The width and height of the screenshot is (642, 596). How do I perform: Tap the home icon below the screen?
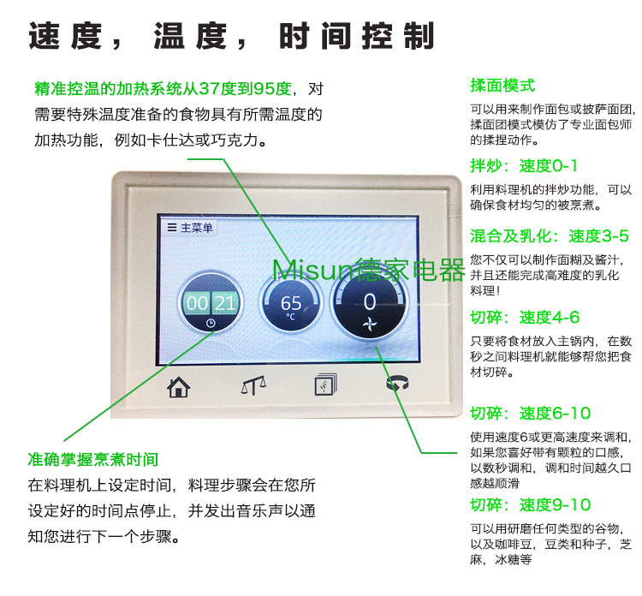point(179,387)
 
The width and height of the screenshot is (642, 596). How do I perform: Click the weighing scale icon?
point(253,385)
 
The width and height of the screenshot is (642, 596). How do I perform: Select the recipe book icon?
point(325,384)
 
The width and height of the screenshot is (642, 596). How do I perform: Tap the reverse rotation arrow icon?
point(397,384)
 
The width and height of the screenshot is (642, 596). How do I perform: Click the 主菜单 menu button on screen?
point(190,228)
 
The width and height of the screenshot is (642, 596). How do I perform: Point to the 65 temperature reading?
point(291,303)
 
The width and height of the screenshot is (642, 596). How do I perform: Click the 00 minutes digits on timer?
point(197,303)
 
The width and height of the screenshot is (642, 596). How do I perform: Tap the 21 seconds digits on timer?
point(225,303)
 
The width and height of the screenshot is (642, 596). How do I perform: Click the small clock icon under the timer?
point(211,324)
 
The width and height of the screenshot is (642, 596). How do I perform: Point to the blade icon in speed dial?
point(370,325)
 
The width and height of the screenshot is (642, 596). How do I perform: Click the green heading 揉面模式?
point(502,86)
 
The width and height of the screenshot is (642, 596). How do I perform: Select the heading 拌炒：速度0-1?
point(524,166)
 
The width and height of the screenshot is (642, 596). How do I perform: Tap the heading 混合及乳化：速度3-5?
point(549,236)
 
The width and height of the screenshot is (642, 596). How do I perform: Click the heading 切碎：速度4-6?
point(525,318)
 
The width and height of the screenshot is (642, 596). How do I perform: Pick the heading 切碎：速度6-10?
point(531,414)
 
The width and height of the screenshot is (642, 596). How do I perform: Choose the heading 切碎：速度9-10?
point(531,505)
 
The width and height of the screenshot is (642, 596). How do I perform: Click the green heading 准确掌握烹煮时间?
point(93,460)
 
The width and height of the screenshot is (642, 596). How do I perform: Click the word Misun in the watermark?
point(312,271)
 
